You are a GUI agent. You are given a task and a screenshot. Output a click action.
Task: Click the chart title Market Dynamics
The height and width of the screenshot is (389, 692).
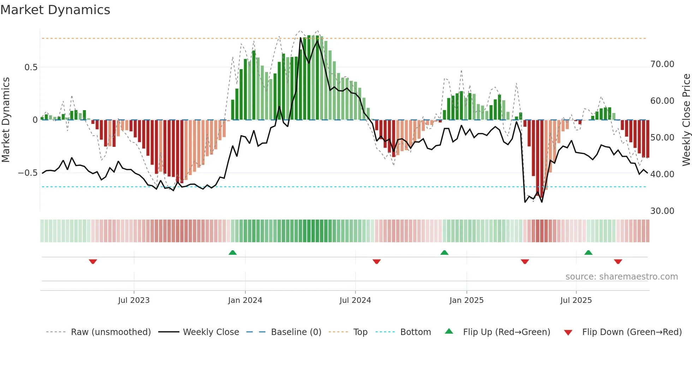coord(55,10)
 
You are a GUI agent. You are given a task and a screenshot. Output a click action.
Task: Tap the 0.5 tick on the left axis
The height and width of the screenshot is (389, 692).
coord(31,67)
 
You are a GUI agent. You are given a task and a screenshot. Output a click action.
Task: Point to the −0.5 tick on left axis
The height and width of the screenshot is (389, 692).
coord(28,173)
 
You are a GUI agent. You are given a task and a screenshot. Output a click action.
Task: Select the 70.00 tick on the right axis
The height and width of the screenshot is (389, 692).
coord(662,64)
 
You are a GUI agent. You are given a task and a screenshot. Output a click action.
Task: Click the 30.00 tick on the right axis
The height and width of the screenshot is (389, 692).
coord(662,211)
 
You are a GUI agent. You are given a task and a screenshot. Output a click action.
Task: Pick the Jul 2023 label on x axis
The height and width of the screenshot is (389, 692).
coord(134,300)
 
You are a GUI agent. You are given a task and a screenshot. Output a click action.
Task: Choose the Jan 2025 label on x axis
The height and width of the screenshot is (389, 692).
coord(466,300)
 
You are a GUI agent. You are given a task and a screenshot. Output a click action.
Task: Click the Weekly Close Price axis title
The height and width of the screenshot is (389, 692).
coord(686,120)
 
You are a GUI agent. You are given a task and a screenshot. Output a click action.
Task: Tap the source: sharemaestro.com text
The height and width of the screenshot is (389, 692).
coord(621,277)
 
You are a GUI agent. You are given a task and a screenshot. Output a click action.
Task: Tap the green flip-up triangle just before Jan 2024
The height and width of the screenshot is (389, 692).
coord(233,253)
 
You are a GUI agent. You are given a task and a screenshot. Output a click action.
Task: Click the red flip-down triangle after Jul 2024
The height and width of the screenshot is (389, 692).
coord(377,262)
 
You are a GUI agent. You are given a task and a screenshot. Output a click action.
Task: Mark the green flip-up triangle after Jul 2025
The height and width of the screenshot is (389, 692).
coord(588,253)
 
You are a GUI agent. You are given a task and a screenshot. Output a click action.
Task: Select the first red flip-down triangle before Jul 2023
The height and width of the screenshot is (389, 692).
coord(93,262)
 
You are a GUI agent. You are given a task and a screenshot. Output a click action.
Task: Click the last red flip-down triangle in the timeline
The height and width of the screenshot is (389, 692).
coord(618,262)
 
